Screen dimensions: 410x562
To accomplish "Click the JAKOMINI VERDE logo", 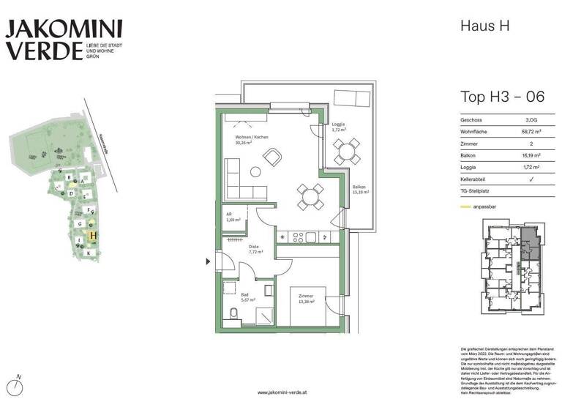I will pos(64,40).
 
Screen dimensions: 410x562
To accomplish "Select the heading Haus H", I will pos(484,26).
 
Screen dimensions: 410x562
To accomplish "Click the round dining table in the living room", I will pos(309,195).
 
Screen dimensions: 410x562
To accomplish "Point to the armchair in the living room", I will pos(271,157).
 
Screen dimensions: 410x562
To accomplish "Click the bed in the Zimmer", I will pos(307,311).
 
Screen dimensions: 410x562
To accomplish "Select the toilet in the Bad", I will pos(233,314).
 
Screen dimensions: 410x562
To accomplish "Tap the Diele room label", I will pos(254,248).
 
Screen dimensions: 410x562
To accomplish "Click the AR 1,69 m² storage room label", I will pos(233,217).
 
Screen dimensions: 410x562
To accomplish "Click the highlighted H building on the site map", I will pos(92,235).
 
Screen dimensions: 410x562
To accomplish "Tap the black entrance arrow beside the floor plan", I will pos(206,259).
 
